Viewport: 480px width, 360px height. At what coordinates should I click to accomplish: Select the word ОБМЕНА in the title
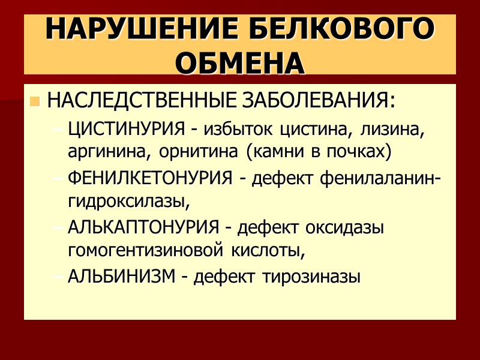click(x=240, y=63)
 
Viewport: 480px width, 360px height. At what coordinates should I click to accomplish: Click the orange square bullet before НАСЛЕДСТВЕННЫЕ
click(x=34, y=101)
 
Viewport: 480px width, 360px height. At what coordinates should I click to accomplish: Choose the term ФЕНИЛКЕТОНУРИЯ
click(x=149, y=178)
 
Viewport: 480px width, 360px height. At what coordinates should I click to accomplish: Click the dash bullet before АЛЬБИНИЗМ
click(x=58, y=277)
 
